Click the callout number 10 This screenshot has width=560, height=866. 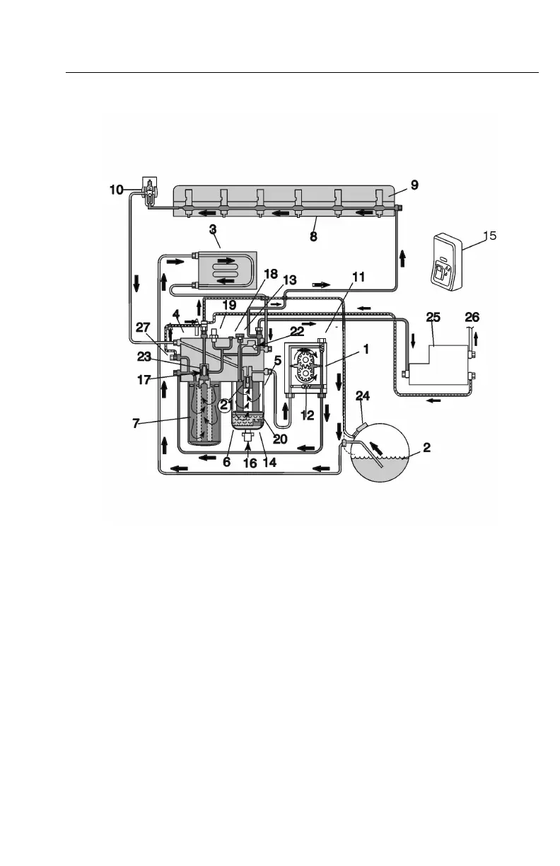coord(117,189)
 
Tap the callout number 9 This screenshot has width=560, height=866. coord(414,185)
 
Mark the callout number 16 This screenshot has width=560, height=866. coord(249,464)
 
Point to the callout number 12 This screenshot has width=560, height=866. coord(307,415)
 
